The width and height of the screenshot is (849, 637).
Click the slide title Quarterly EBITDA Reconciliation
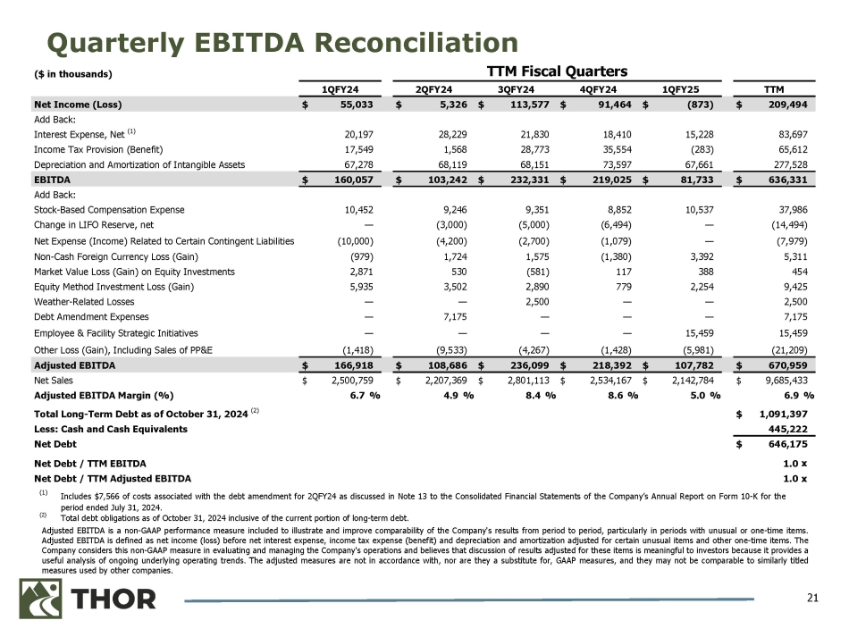click(271, 42)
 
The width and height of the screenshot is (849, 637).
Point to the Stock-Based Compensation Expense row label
click(109, 209)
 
